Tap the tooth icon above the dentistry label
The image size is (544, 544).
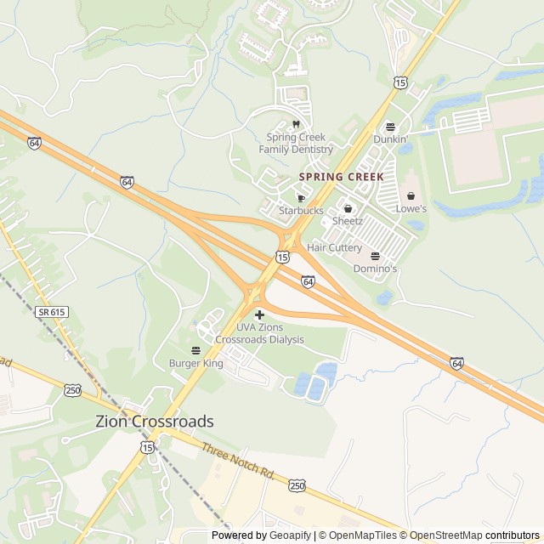click(x=296, y=124)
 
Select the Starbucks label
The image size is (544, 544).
click(x=301, y=210)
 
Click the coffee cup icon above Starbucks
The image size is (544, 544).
click(x=301, y=197)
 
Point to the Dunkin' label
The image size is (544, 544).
click(x=391, y=139)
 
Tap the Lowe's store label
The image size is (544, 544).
click(x=411, y=208)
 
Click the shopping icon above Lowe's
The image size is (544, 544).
click(x=411, y=195)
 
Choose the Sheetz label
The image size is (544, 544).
click(x=348, y=220)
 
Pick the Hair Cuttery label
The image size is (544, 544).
click(x=334, y=247)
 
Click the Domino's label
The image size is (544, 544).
click(x=375, y=269)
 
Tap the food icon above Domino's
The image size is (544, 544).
click(x=375, y=256)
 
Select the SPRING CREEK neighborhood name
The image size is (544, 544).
click(x=341, y=176)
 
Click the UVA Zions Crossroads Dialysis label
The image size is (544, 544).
click(x=259, y=333)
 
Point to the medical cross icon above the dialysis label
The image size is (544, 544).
click(x=259, y=314)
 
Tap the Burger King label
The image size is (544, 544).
click(x=195, y=364)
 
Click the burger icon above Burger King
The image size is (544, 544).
click(x=195, y=350)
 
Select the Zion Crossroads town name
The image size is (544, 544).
click(x=155, y=421)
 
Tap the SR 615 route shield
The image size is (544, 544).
click(x=51, y=313)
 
